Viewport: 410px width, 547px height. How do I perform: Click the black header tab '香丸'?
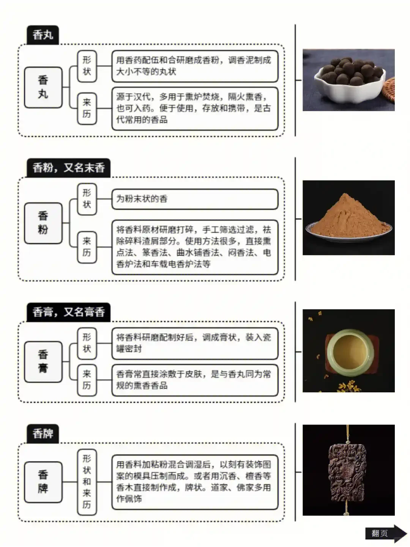pos(43,35)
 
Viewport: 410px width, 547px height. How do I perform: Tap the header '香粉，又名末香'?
pos(68,168)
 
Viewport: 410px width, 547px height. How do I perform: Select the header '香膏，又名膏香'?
pos(68,312)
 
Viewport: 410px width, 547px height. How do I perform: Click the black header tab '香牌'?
pos(43,433)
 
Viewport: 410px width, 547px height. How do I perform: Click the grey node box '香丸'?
pos(43,87)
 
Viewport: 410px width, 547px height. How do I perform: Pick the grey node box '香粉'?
pos(43,223)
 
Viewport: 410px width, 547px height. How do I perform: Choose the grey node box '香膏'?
pos(43,361)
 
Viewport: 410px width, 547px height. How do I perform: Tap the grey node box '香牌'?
pos(43,482)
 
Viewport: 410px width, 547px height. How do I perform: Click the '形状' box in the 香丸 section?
pos(87,66)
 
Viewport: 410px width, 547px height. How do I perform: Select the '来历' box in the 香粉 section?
pos(87,247)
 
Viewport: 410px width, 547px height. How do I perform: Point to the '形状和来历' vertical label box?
pos(87,482)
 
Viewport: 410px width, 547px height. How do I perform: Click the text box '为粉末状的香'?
pos(194,199)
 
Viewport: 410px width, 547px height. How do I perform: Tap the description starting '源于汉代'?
pos(194,108)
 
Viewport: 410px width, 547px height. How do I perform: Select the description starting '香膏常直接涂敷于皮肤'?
pos(194,380)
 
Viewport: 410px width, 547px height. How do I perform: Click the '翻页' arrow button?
pos(385,533)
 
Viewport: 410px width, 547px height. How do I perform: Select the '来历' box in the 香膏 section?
pos(87,380)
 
